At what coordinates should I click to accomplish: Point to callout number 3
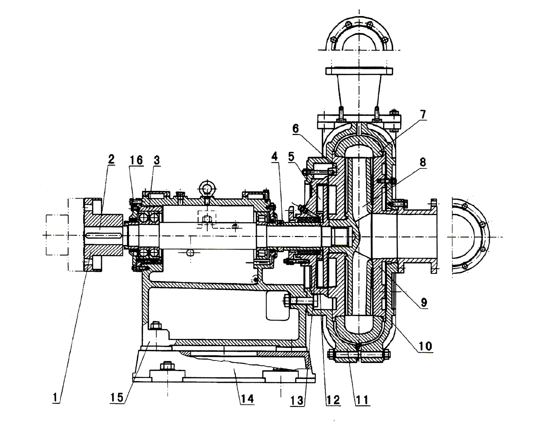(x=156, y=160)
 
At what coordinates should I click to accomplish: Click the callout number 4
(x=275, y=156)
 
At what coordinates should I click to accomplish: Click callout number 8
(x=423, y=162)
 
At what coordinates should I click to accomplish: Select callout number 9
(x=424, y=302)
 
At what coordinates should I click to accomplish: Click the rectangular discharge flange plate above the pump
(x=359, y=71)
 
